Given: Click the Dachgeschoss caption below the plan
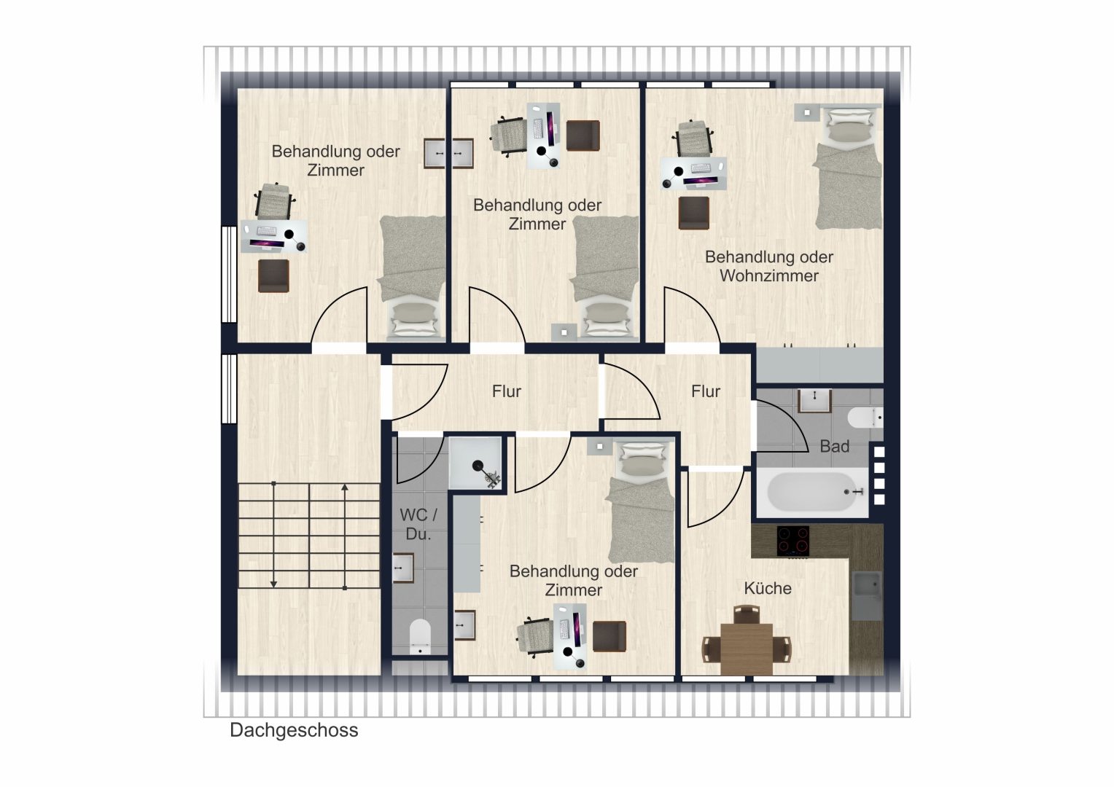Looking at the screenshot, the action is [294, 730].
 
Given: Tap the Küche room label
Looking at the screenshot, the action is [768, 588].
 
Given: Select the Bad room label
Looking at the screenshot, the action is [834, 447].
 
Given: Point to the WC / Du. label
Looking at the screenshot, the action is [418, 524].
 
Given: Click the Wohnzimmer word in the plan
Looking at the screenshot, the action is [769, 275].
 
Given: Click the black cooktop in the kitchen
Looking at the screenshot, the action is [792, 541].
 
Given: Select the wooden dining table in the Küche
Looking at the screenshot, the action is [747, 649].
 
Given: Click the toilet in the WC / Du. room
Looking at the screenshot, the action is [420, 636].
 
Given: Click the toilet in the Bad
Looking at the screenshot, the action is [865, 418].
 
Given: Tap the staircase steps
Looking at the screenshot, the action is [309, 536].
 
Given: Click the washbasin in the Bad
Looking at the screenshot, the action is [814, 401].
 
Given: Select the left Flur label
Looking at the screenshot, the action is [506, 391].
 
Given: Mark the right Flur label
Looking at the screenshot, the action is [705, 391].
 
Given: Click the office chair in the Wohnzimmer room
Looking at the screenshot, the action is [693, 138].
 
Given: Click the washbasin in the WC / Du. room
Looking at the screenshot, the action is [403, 568].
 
